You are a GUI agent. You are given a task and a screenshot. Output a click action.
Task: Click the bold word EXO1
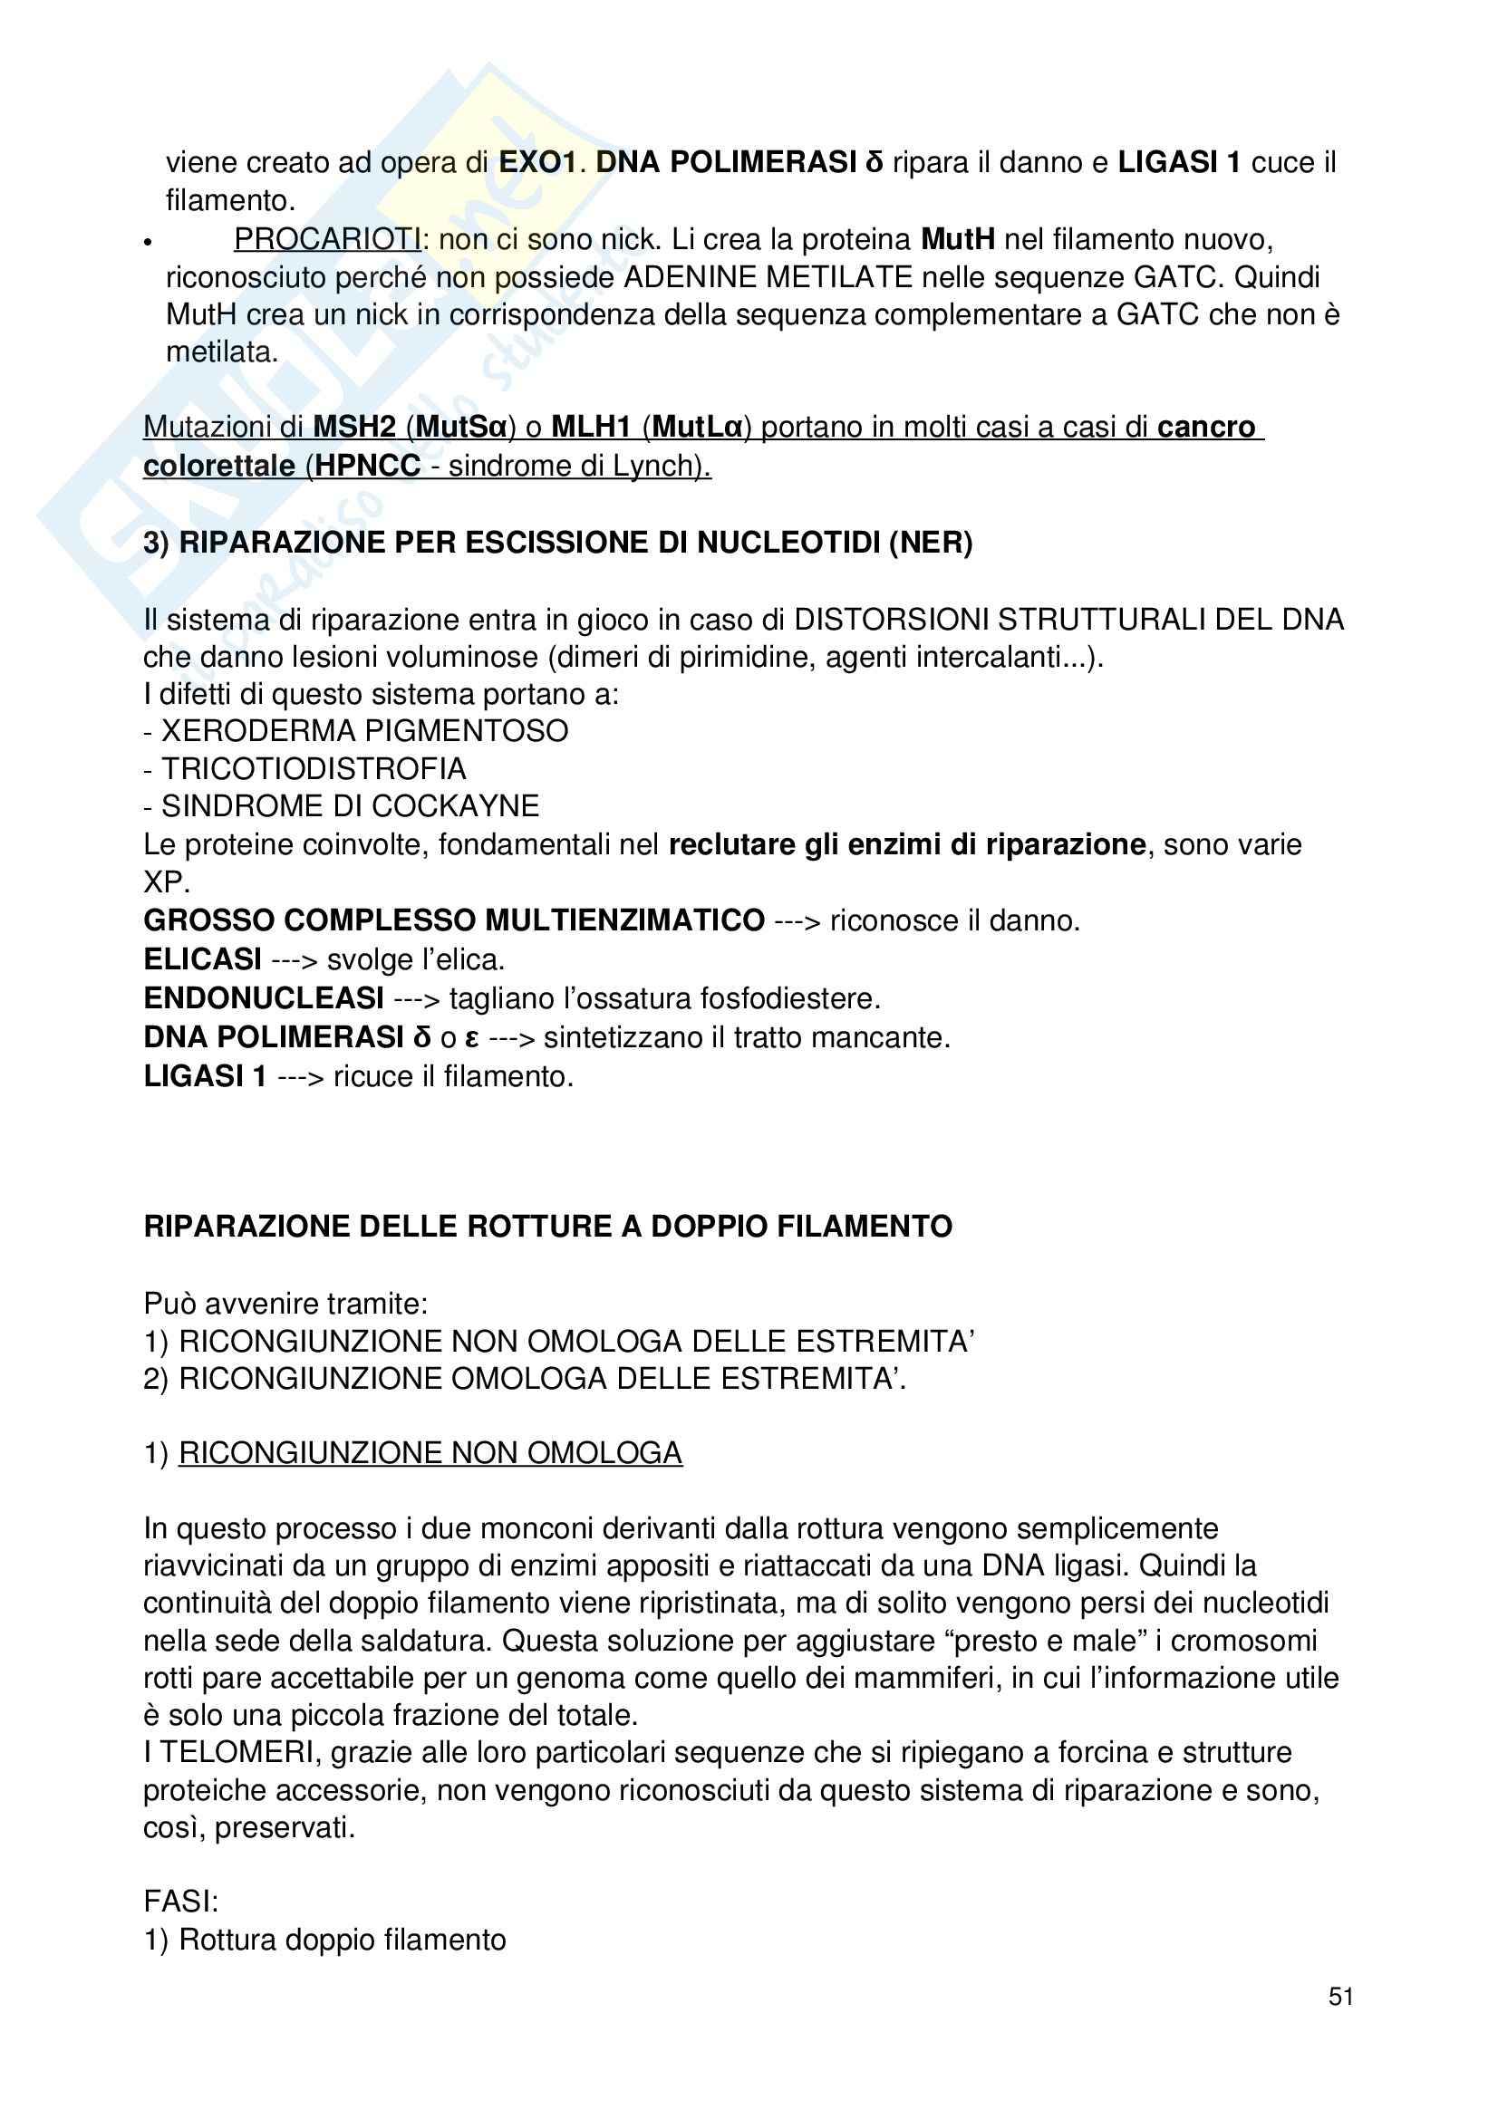click(537, 162)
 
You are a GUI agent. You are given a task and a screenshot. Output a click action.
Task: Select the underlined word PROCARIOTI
click(328, 239)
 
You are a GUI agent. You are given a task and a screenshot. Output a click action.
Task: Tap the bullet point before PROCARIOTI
click(148, 242)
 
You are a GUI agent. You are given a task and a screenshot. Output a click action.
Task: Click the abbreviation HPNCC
click(367, 465)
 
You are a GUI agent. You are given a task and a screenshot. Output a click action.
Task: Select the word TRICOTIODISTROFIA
click(314, 769)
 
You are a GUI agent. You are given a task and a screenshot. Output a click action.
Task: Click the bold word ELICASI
click(202, 959)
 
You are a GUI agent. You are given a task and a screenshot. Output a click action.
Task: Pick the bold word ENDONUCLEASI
click(264, 997)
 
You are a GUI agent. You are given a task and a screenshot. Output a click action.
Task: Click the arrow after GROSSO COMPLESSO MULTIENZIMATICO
click(797, 921)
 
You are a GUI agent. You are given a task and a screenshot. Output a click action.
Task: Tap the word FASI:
click(181, 1902)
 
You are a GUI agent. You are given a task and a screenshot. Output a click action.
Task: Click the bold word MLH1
click(591, 427)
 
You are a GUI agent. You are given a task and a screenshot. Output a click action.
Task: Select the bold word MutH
click(957, 239)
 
